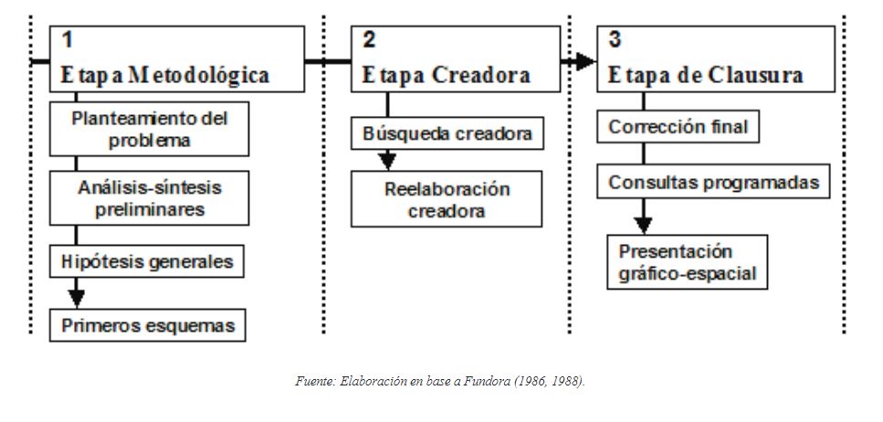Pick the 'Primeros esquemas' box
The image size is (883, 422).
coord(147,325)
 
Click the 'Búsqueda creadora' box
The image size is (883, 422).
coord(447,134)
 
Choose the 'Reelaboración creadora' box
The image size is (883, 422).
coord(446,200)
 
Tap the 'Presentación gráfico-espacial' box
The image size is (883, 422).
coord(688,262)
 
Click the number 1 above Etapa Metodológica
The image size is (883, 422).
coord(68,40)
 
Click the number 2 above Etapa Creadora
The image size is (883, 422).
coord(368,40)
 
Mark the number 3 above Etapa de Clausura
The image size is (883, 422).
coord(615,40)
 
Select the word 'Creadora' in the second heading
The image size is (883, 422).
coord(481,75)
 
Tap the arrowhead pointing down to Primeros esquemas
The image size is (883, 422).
coord(77,298)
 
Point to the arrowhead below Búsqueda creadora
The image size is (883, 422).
coord(387,161)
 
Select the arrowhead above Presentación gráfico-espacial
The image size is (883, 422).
coord(644,223)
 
